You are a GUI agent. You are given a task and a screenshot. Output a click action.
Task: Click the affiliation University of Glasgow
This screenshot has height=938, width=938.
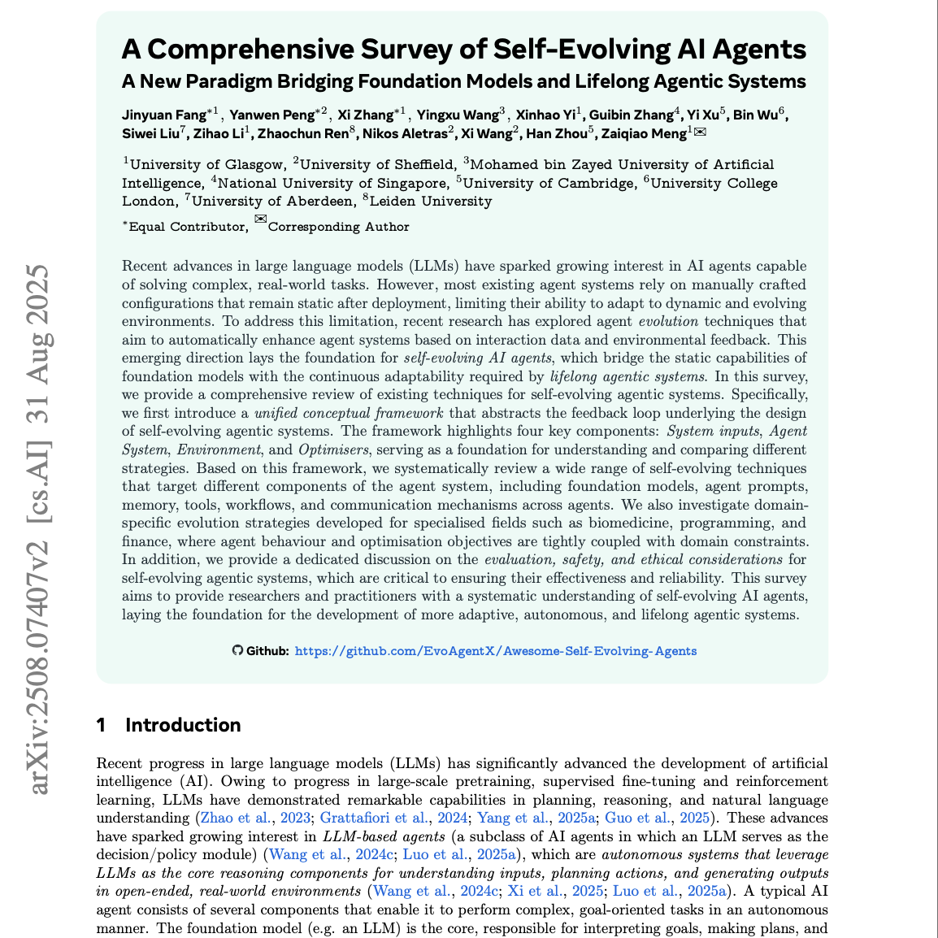click(x=207, y=165)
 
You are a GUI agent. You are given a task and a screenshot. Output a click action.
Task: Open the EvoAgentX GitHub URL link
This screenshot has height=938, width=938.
click(x=495, y=651)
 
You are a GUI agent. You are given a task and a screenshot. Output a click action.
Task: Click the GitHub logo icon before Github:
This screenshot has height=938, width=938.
click(x=237, y=650)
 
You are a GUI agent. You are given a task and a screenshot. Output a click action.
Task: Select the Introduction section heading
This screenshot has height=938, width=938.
click(x=183, y=725)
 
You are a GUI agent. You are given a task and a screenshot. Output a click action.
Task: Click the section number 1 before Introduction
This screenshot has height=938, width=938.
click(x=101, y=725)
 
